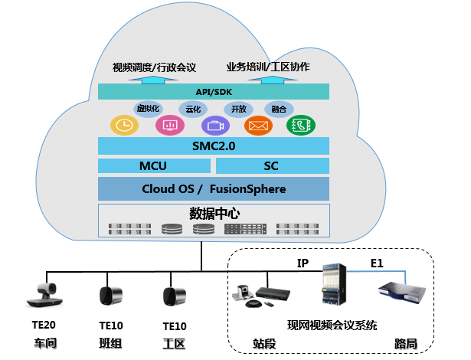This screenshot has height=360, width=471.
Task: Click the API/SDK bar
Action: (214, 92)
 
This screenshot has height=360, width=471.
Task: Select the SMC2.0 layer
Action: (214, 146)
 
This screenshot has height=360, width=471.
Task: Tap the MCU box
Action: (153, 166)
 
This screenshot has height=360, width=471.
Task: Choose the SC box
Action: (272, 166)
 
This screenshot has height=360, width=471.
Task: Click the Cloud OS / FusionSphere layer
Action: (214, 188)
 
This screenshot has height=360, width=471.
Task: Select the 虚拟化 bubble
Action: (148, 109)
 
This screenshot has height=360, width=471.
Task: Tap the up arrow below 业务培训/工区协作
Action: (270, 79)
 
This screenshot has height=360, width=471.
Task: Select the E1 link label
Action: (376, 263)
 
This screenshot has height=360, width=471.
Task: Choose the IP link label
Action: (303, 263)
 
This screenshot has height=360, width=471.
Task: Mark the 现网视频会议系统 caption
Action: (332, 326)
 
